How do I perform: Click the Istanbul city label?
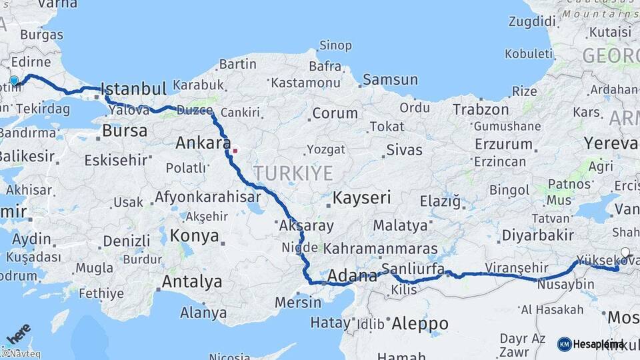point(133,89)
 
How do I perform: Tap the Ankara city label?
point(203,143)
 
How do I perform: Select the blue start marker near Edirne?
point(14,81)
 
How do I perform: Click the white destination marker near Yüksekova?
point(625,252)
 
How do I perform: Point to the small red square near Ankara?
point(235,150)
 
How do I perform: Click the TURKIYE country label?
point(293,173)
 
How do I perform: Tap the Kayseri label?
point(361,197)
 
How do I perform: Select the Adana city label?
point(351,276)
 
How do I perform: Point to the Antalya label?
point(192,281)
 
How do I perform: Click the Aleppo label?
point(419,324)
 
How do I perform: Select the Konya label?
point(194,235)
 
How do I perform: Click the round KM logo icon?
point(564,344)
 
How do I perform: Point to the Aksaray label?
point(307,225)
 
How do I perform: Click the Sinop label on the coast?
point(335,45)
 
